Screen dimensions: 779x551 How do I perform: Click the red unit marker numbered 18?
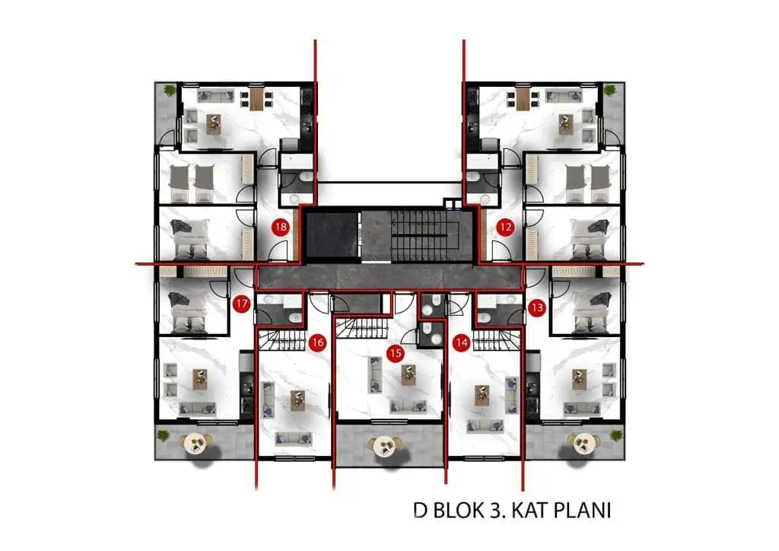tap(281, 228)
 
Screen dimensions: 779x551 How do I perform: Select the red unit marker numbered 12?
tap(505, 228)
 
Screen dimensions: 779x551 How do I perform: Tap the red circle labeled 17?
tap(241, 304)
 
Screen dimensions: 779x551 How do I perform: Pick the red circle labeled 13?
tap(537, 307)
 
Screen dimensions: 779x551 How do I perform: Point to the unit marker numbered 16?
tap(317, 342)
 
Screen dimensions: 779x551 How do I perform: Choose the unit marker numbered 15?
tap(396, 353)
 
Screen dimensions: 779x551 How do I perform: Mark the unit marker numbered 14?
tap(462, 342)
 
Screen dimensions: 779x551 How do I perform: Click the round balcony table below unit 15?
tap(384, 446)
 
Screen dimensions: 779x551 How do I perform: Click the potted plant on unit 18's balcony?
tap(170, 91)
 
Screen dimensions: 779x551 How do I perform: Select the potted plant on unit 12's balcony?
tap(609, 91)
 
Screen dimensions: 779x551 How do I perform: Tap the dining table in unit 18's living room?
tap(256, 98)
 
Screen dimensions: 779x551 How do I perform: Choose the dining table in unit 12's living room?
tap(523, 98)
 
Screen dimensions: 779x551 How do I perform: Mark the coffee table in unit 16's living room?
tap(297, 400)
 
